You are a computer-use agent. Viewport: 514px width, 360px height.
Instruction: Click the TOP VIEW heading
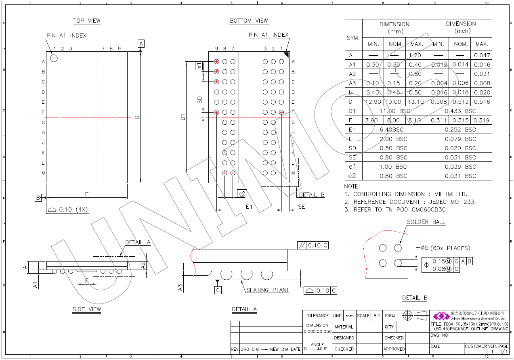tap(87, 21)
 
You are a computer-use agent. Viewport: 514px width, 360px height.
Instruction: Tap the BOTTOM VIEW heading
tap(249, 21)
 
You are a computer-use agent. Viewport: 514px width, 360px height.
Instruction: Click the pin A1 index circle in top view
tap(54, 58)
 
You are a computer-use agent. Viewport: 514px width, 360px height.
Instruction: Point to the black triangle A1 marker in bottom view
tap(286, 55)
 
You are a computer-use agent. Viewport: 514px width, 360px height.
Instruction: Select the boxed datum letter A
tap(141, 43)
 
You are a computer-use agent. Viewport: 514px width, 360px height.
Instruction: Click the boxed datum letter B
tap(38, 198)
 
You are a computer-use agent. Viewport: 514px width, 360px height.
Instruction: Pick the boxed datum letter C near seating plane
tap(218, 290)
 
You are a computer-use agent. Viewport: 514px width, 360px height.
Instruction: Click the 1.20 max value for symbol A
tap(415, 55)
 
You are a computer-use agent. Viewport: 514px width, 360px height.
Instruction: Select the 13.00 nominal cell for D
tap(394, 102)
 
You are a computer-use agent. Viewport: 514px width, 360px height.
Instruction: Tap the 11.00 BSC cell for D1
tap(394, 111)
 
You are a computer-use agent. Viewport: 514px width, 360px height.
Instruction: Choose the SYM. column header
tap(353, 38)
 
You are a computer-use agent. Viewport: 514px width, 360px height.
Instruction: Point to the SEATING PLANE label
tap(268, 290)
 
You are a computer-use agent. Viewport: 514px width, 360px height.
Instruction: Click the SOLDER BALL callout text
tap(426, 222)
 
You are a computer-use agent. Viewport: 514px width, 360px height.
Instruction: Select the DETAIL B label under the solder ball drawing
tap(415, 298)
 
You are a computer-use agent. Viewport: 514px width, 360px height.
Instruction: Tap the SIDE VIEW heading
tap(87, 310)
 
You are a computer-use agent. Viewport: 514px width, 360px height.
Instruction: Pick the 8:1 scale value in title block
tap(376, 316)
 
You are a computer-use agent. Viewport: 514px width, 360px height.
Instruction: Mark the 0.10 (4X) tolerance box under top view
tap(67, 210)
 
